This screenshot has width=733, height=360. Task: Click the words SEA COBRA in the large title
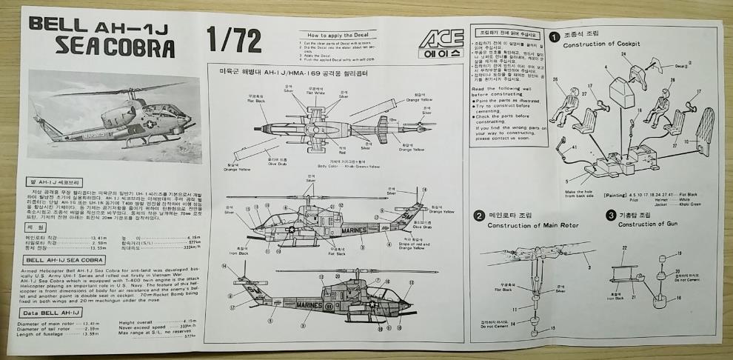115,49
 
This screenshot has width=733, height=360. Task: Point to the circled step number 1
555,36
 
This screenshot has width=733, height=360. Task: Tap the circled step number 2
481,216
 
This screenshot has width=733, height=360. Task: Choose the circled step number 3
611,216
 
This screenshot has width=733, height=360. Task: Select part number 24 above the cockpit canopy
623,54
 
